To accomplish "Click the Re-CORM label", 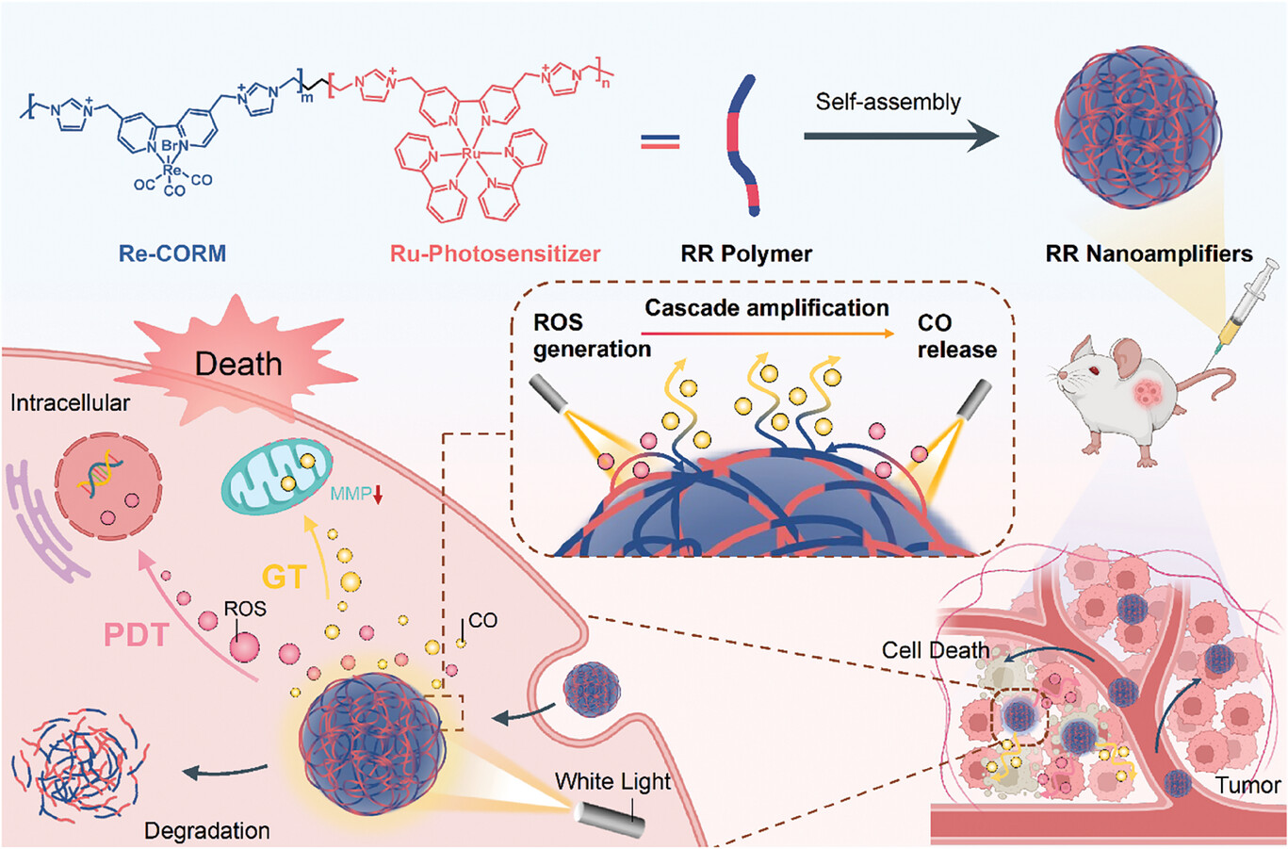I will (x=171, y=253).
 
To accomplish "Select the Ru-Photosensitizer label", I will (x=495, y=253).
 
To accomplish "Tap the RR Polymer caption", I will (x=745, y=253).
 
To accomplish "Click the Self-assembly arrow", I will (x=900, y=137).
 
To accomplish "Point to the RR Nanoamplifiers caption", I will (x=1149, y=253).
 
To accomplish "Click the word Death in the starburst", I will (x=238, y=363).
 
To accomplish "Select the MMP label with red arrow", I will (x=356, y=493).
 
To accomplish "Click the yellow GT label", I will (x=284, y=575).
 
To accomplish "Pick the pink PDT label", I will (x=136, y=634).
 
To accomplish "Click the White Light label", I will (x=612, y=781).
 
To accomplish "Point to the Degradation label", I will (x=206, y=830).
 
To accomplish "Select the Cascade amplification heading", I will (x=766, y=308).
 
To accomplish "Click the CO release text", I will (x=956, y=336).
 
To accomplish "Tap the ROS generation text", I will (x=591, y=336).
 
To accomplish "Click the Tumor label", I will (x=1247, y=785).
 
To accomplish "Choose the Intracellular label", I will (x=70, y=403).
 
